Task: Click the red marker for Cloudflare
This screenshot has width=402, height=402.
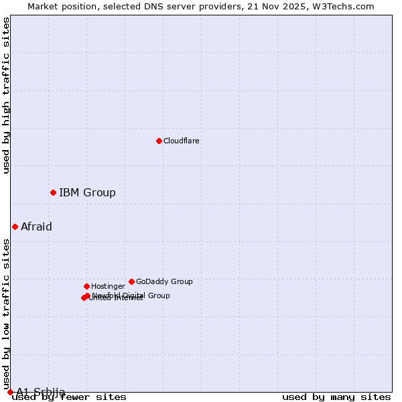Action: point(159,141)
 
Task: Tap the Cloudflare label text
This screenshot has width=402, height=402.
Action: point(182,141)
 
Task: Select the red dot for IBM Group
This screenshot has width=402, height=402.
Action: point(53,193)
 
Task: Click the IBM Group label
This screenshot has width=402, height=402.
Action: point(87,193)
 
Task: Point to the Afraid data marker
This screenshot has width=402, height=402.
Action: point(15,226)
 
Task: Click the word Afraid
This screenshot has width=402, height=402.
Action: point(36,226)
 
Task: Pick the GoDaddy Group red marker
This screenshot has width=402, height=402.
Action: point(131,281)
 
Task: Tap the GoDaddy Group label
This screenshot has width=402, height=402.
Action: point(164,281)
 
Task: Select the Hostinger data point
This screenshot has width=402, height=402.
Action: point(86,286)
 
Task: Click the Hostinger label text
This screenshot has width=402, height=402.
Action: point(108,286)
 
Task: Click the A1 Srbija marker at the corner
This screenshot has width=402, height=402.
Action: point(10,392)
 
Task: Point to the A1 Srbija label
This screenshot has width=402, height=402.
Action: point(41,392)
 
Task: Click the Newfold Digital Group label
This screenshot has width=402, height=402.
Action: point(131,295)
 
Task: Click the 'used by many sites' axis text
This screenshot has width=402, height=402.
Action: point(336,397)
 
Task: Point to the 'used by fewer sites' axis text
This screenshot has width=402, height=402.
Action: point(70,397)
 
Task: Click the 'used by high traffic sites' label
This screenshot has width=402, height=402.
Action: point(7,95)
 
